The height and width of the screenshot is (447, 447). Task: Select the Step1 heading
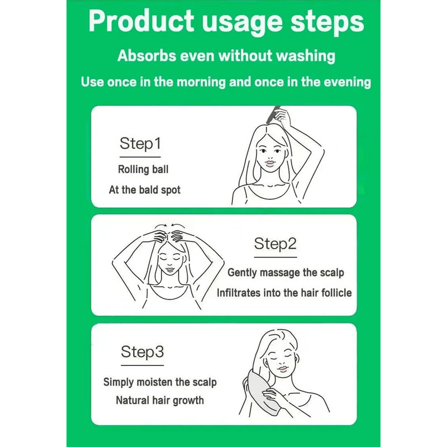coord(140,144)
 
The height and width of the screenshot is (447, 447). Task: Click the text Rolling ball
coord(143,169)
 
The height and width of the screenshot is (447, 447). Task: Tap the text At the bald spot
coord(145,190)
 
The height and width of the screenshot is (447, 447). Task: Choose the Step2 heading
coord(275,244)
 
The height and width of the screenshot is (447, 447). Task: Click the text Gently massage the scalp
coord(286,273)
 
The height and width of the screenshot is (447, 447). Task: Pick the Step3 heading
coord(142,353)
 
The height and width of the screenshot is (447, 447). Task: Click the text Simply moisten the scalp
coord(160,383)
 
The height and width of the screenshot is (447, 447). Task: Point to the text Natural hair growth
coord(160,400)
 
